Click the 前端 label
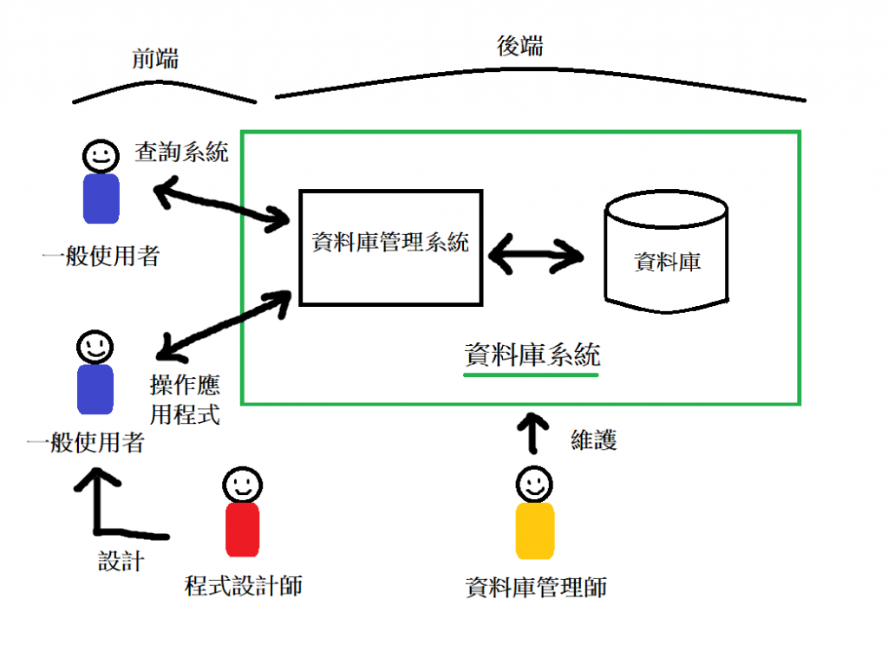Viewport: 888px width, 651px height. click(155, 59)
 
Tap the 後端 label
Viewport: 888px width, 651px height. click(520, 46)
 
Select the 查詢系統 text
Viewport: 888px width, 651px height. click(182, 152)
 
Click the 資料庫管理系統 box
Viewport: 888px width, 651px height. click(391, 248)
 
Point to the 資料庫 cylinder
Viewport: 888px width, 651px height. click(667, 251)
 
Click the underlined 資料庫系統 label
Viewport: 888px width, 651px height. click(532, 355)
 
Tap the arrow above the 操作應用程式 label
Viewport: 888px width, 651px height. click(224, 326)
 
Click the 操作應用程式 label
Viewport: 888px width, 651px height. click(185, 400)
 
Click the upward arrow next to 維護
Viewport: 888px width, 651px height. click(533, 433)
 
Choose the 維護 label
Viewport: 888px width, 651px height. click(593, 439)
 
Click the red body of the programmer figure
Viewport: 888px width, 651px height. click(243, 530)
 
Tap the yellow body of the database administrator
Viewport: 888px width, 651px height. click(534, 531)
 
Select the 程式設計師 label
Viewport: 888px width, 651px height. click(244, 585)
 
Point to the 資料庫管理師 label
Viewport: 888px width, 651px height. click(536, 587)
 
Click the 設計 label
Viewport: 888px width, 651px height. click(121, 561)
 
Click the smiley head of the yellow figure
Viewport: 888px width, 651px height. click(534, 485)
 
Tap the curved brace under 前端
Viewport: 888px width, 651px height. click(164, 92)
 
